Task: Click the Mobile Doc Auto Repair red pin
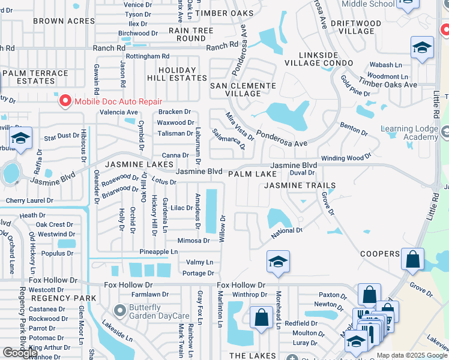(x=65, y=101)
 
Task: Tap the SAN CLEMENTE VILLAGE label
(x=243, y=90)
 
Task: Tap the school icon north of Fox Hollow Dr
(x=278, y=262)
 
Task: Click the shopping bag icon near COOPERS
(x=412, y=259)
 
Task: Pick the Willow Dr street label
(x=221, y=229)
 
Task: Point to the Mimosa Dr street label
(x=193, y=241)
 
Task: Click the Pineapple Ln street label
(x=158, y=251)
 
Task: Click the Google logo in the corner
(x=20, y=353)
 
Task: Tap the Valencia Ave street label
(x=118, y=112)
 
